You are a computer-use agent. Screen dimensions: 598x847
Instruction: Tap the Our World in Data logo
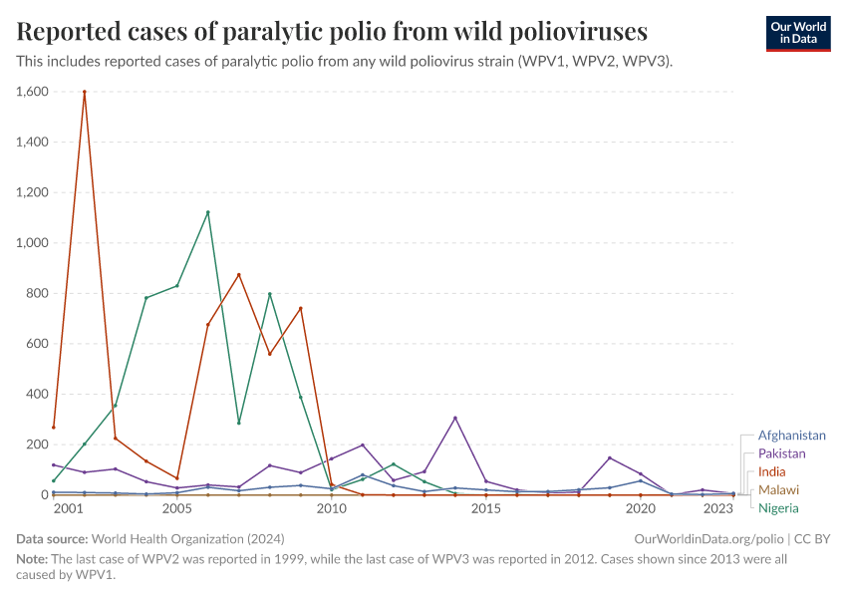[x=797, y=33]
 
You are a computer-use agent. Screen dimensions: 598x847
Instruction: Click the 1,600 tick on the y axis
[x=32, y=92]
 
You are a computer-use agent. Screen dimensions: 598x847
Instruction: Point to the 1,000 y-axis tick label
[x=32, y=243]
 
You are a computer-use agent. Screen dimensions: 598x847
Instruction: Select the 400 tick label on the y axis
[x=36, y=395]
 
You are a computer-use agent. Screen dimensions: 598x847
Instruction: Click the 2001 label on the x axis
[x=69, y=509]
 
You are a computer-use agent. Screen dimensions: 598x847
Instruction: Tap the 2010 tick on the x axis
[x=331, y=509]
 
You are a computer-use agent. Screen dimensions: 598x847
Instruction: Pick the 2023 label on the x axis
[x=718, y=509]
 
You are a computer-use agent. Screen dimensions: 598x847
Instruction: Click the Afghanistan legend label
[x=791, y=436]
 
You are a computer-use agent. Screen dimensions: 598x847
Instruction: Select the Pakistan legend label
[x=781, y=453]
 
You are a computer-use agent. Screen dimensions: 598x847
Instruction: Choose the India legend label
[x=772, y=471]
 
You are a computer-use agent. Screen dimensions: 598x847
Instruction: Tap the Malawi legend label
[x=778, y=490]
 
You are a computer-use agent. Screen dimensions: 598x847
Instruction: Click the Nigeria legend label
[x=778, y=508]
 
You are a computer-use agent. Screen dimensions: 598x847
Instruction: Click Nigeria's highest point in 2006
[x=207, y=212]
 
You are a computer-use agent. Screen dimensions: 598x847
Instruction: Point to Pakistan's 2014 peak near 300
[x=455, y=418]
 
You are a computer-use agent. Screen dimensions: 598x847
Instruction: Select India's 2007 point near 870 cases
[x=238, y=275]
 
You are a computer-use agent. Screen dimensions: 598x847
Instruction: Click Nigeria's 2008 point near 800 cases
[x=269, y=294]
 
